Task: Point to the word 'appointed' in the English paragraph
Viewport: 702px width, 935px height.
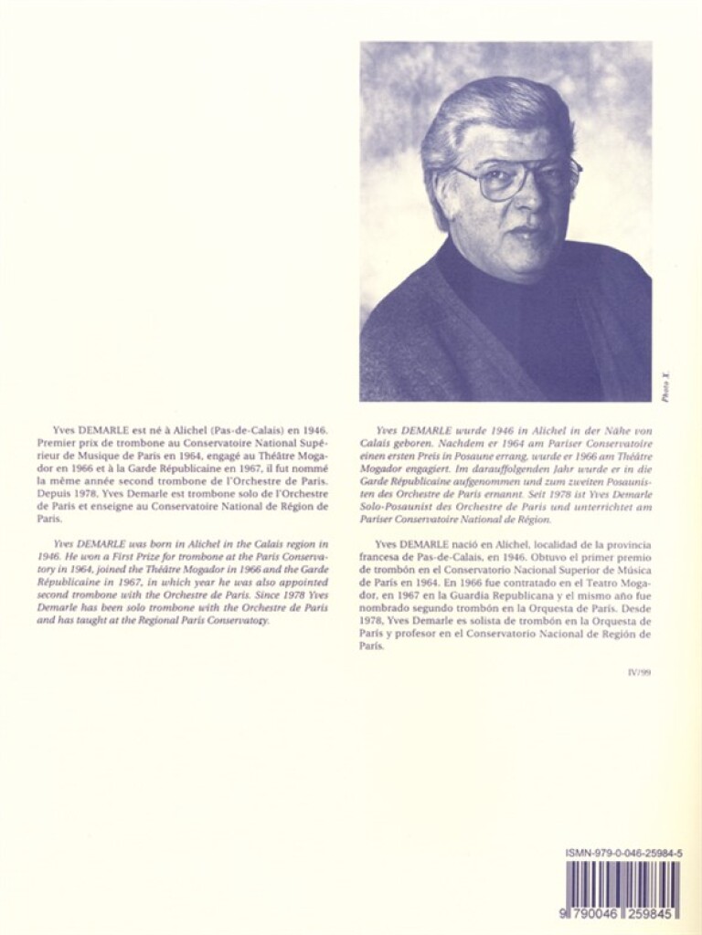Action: point(274,580)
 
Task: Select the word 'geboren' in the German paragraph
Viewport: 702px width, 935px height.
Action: point(399,442)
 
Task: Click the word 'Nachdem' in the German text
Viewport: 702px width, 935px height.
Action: point(457,442)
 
